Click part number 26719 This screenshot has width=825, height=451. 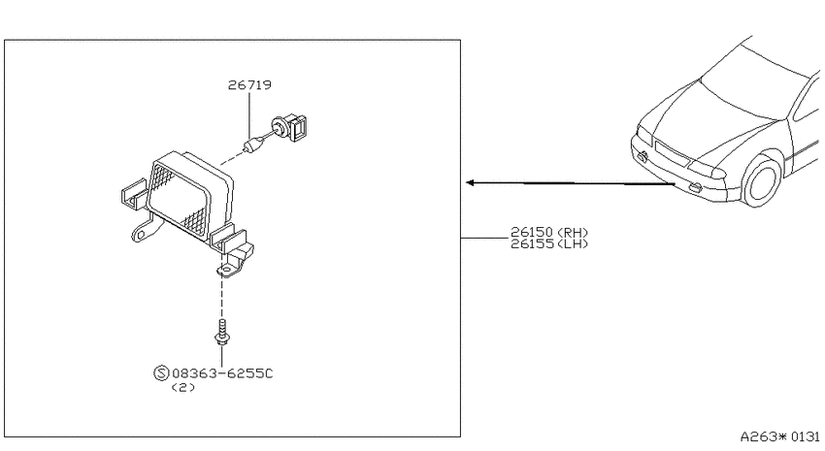[x=249, y=84]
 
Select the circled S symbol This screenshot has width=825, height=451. [x=161, y=373]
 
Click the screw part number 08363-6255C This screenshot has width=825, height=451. [x=222, y=373]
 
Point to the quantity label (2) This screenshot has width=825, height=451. [x=183, y=387]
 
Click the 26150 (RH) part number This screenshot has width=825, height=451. [x=549, y=232]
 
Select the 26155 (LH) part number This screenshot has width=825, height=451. [x=549, y=243]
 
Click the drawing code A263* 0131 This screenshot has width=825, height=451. [x=780, y=436]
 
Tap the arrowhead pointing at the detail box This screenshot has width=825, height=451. [x=471, y=182]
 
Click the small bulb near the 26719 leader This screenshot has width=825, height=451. [x=253, y=144]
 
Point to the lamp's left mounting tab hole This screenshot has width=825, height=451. [x=138, y=233]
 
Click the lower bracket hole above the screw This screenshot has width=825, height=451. [x=226, y=271]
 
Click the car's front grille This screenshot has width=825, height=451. [x=672, y=151]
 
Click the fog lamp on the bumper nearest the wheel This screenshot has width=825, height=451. [x=695, y=186]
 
